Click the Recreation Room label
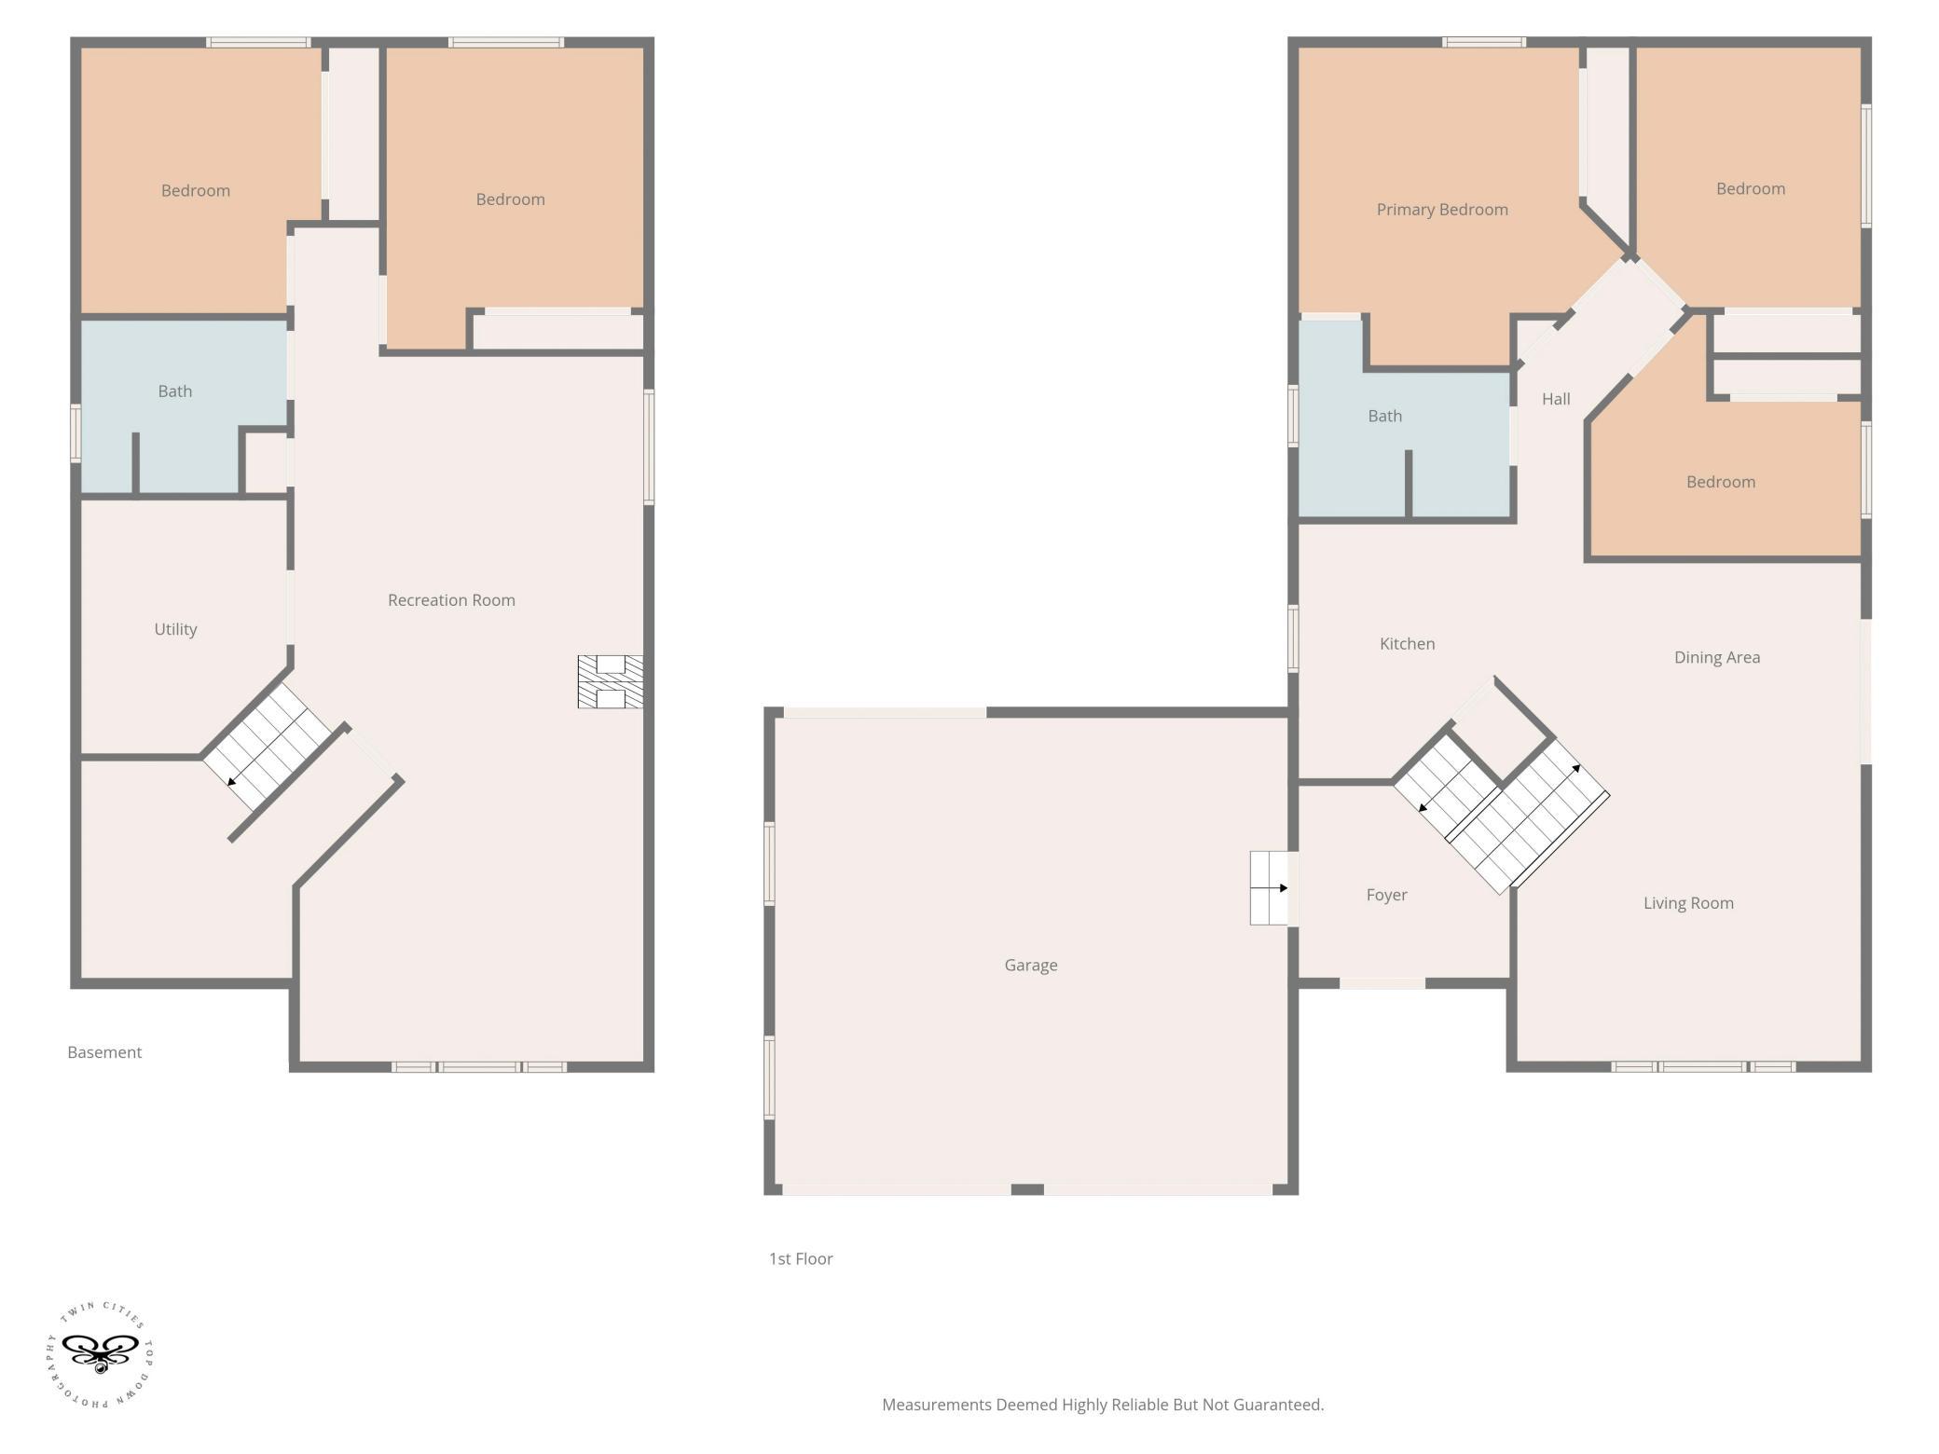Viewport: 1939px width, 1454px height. coord(451,600)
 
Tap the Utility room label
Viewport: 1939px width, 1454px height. coord(175,629)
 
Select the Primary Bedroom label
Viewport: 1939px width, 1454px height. coord(1442,210)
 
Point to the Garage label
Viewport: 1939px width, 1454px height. coord(1031,966)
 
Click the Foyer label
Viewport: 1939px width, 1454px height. coord(1386,895)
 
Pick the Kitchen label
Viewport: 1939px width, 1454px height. coord(1407,644)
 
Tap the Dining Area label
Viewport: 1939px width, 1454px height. coord(1717,657)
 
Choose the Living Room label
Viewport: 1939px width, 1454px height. coord(1688,903)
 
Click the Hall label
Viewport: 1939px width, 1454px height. coord(1556,399)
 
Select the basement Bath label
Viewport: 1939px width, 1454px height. coord(175,391)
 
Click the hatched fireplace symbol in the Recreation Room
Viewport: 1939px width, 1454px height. coord(610,681)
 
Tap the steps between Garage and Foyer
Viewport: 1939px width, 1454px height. coord(1269,888)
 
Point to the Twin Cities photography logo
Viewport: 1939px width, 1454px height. coord(100,1355)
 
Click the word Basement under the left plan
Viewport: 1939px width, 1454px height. coord(104,1052)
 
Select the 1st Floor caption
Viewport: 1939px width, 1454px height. coord(801,1259)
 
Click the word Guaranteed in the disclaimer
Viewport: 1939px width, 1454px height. coord(1277,1405)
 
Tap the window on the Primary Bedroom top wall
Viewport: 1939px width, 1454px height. coord(1484,42)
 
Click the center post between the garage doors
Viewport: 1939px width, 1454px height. coord(1027,1189)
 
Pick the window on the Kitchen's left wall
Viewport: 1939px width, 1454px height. coord(1293,638)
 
